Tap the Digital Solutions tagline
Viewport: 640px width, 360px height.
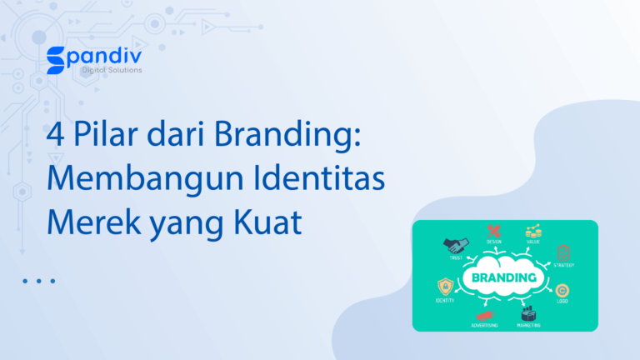[112, 71]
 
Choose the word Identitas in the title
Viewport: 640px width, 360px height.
[320, 180]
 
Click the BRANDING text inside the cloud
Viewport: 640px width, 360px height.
[504, 277]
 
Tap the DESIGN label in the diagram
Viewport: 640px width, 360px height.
[494, 242]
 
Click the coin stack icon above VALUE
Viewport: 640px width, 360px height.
[532, 231]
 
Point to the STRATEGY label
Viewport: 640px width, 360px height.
[564, 265]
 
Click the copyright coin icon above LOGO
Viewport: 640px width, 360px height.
[562, 289]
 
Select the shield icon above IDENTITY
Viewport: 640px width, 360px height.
[445, 287]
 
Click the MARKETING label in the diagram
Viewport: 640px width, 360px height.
[528, 325]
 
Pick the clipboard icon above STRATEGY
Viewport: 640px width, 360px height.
[563, 252]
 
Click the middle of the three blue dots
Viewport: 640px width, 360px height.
[39, 281]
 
